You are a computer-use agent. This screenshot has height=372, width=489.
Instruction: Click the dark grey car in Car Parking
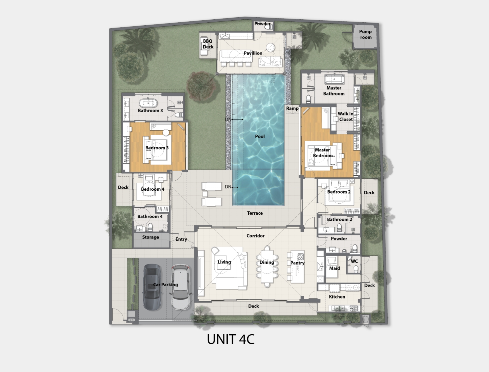click(152, 287)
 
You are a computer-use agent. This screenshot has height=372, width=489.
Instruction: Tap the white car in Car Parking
click(181, 287)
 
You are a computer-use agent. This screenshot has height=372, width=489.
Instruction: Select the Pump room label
click(365, 34)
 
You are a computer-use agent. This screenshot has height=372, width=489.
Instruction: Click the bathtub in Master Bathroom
click(334, 79)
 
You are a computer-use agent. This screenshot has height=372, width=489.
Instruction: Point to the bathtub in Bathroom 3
click(148, 103)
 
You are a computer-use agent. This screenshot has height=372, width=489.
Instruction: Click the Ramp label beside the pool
click(292, 108)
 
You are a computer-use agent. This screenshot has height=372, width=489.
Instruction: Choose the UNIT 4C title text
click(230, 339)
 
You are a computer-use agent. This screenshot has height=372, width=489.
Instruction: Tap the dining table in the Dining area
click(267, 266)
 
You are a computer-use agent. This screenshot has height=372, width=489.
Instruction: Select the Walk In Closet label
click(346, 117)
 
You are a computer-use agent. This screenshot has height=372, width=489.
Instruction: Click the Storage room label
click(150, 237)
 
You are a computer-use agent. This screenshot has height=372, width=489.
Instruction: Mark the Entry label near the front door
click(181, 239)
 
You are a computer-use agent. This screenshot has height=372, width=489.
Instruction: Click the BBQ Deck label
click(208, 44)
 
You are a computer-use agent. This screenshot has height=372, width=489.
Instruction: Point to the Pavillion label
click(253, 53)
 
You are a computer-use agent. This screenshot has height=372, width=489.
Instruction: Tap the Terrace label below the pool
click(255, 213)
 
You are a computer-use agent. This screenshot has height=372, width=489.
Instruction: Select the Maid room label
click(334, 268)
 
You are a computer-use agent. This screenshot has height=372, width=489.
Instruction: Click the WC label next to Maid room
click(354, 261)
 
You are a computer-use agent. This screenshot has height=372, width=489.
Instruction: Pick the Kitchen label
click(337, 297)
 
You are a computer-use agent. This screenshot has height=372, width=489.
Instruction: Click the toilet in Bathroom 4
click(150, 227)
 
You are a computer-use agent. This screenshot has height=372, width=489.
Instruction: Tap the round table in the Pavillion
click(271, 47)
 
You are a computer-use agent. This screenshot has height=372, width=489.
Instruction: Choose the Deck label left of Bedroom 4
click(123, 187)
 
